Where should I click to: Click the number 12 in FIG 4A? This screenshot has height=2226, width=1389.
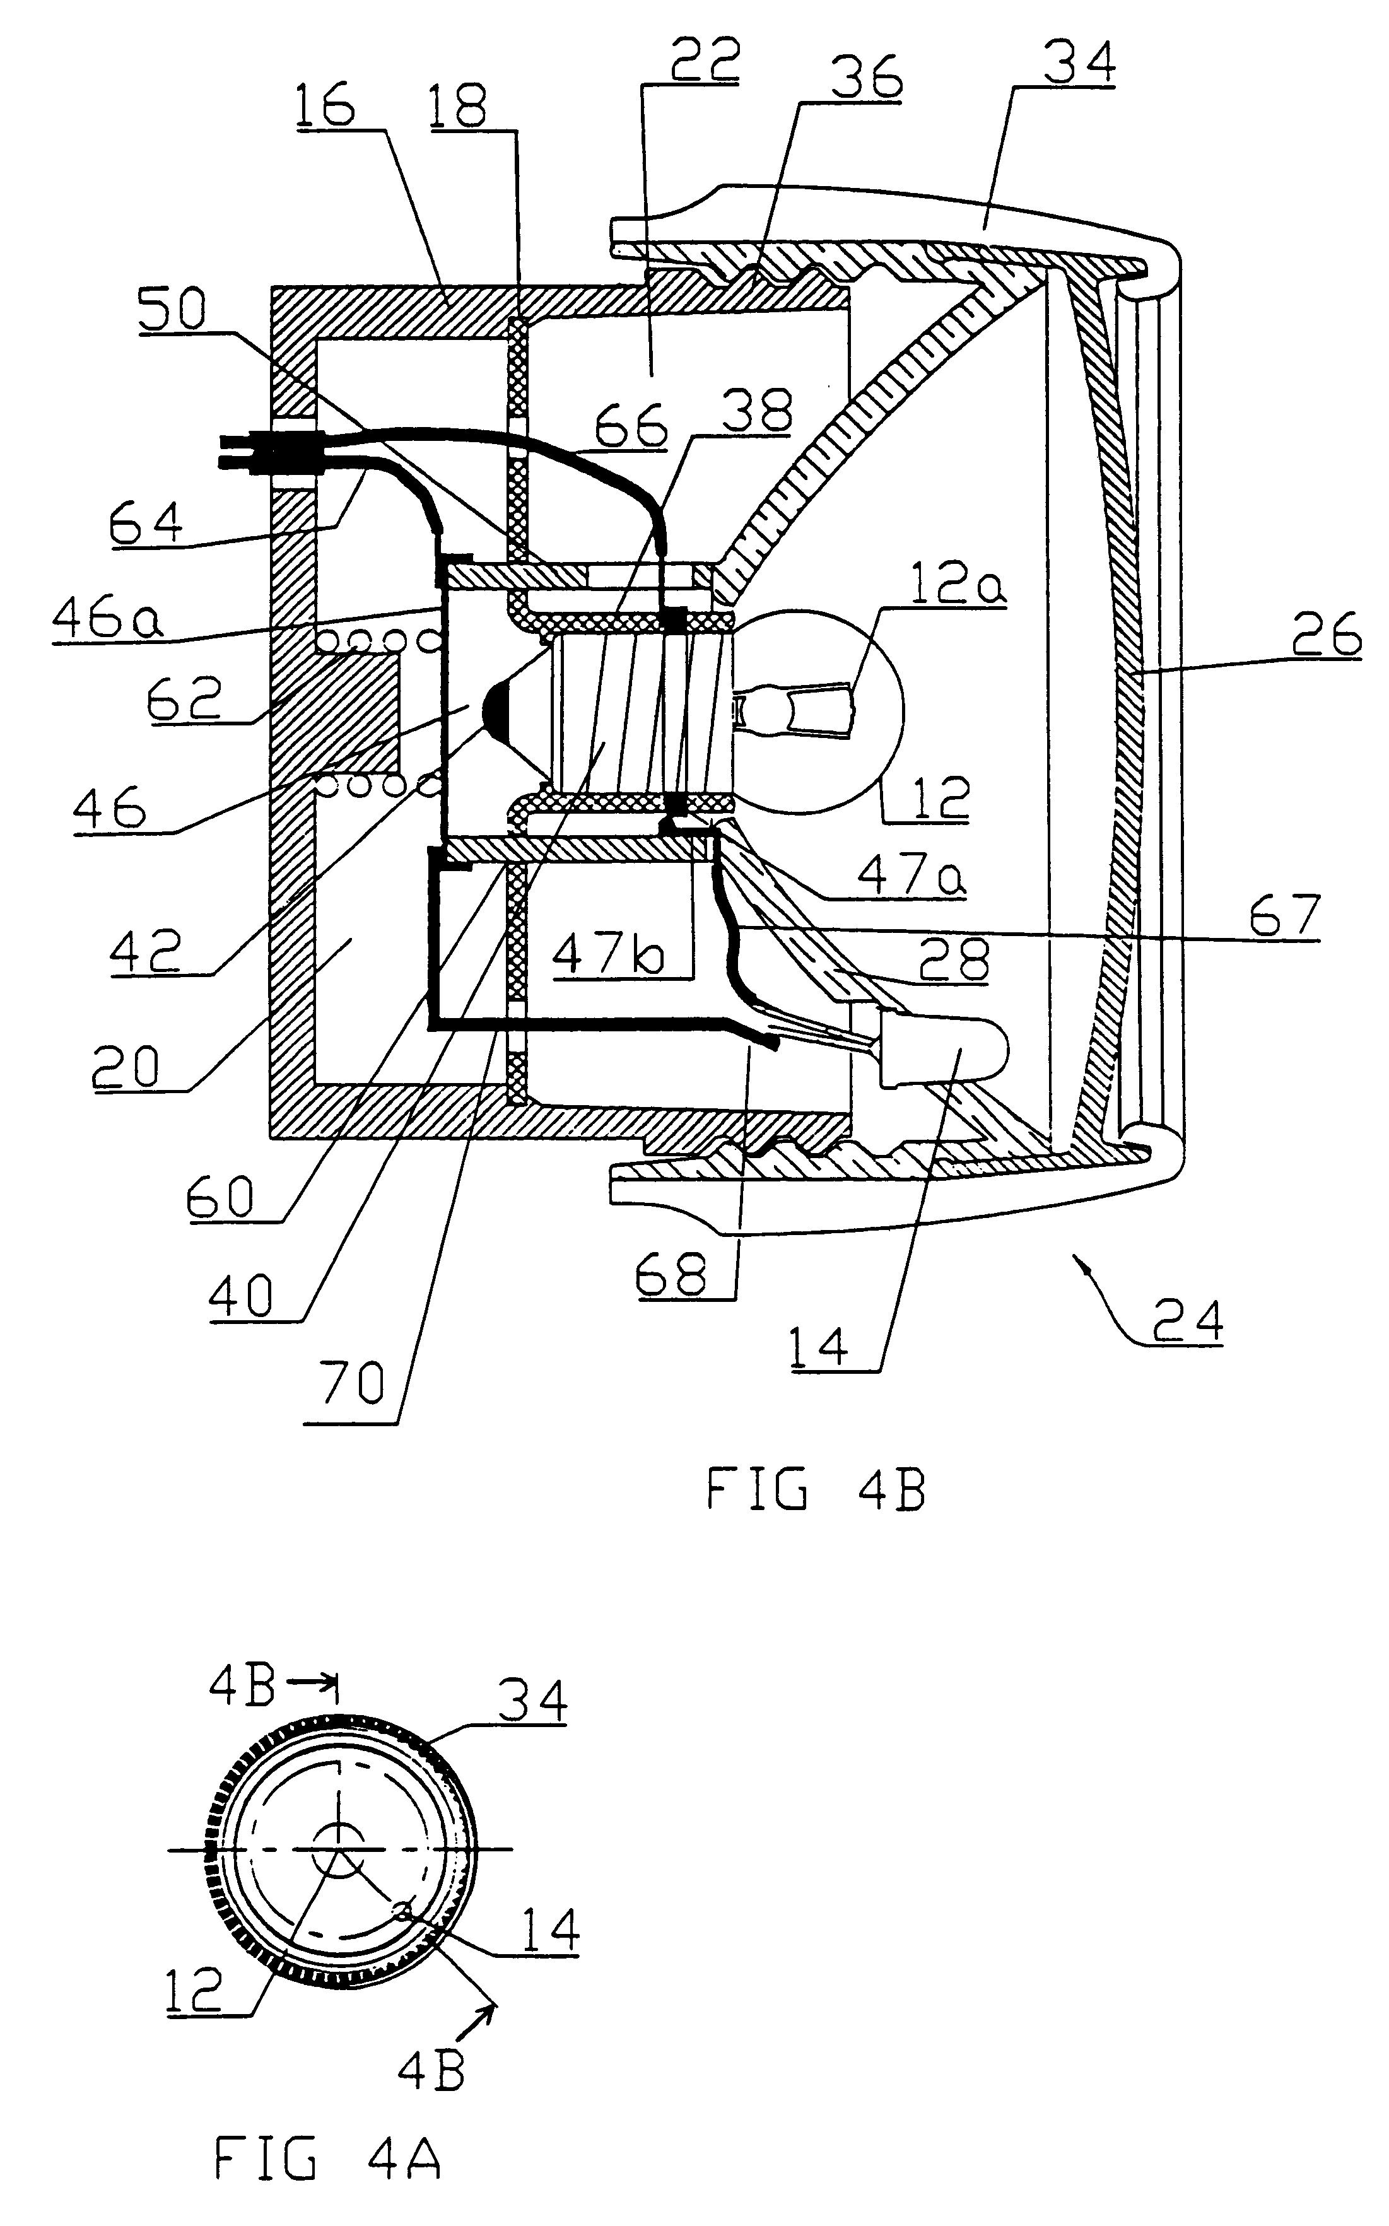[x=196, y=1991]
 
